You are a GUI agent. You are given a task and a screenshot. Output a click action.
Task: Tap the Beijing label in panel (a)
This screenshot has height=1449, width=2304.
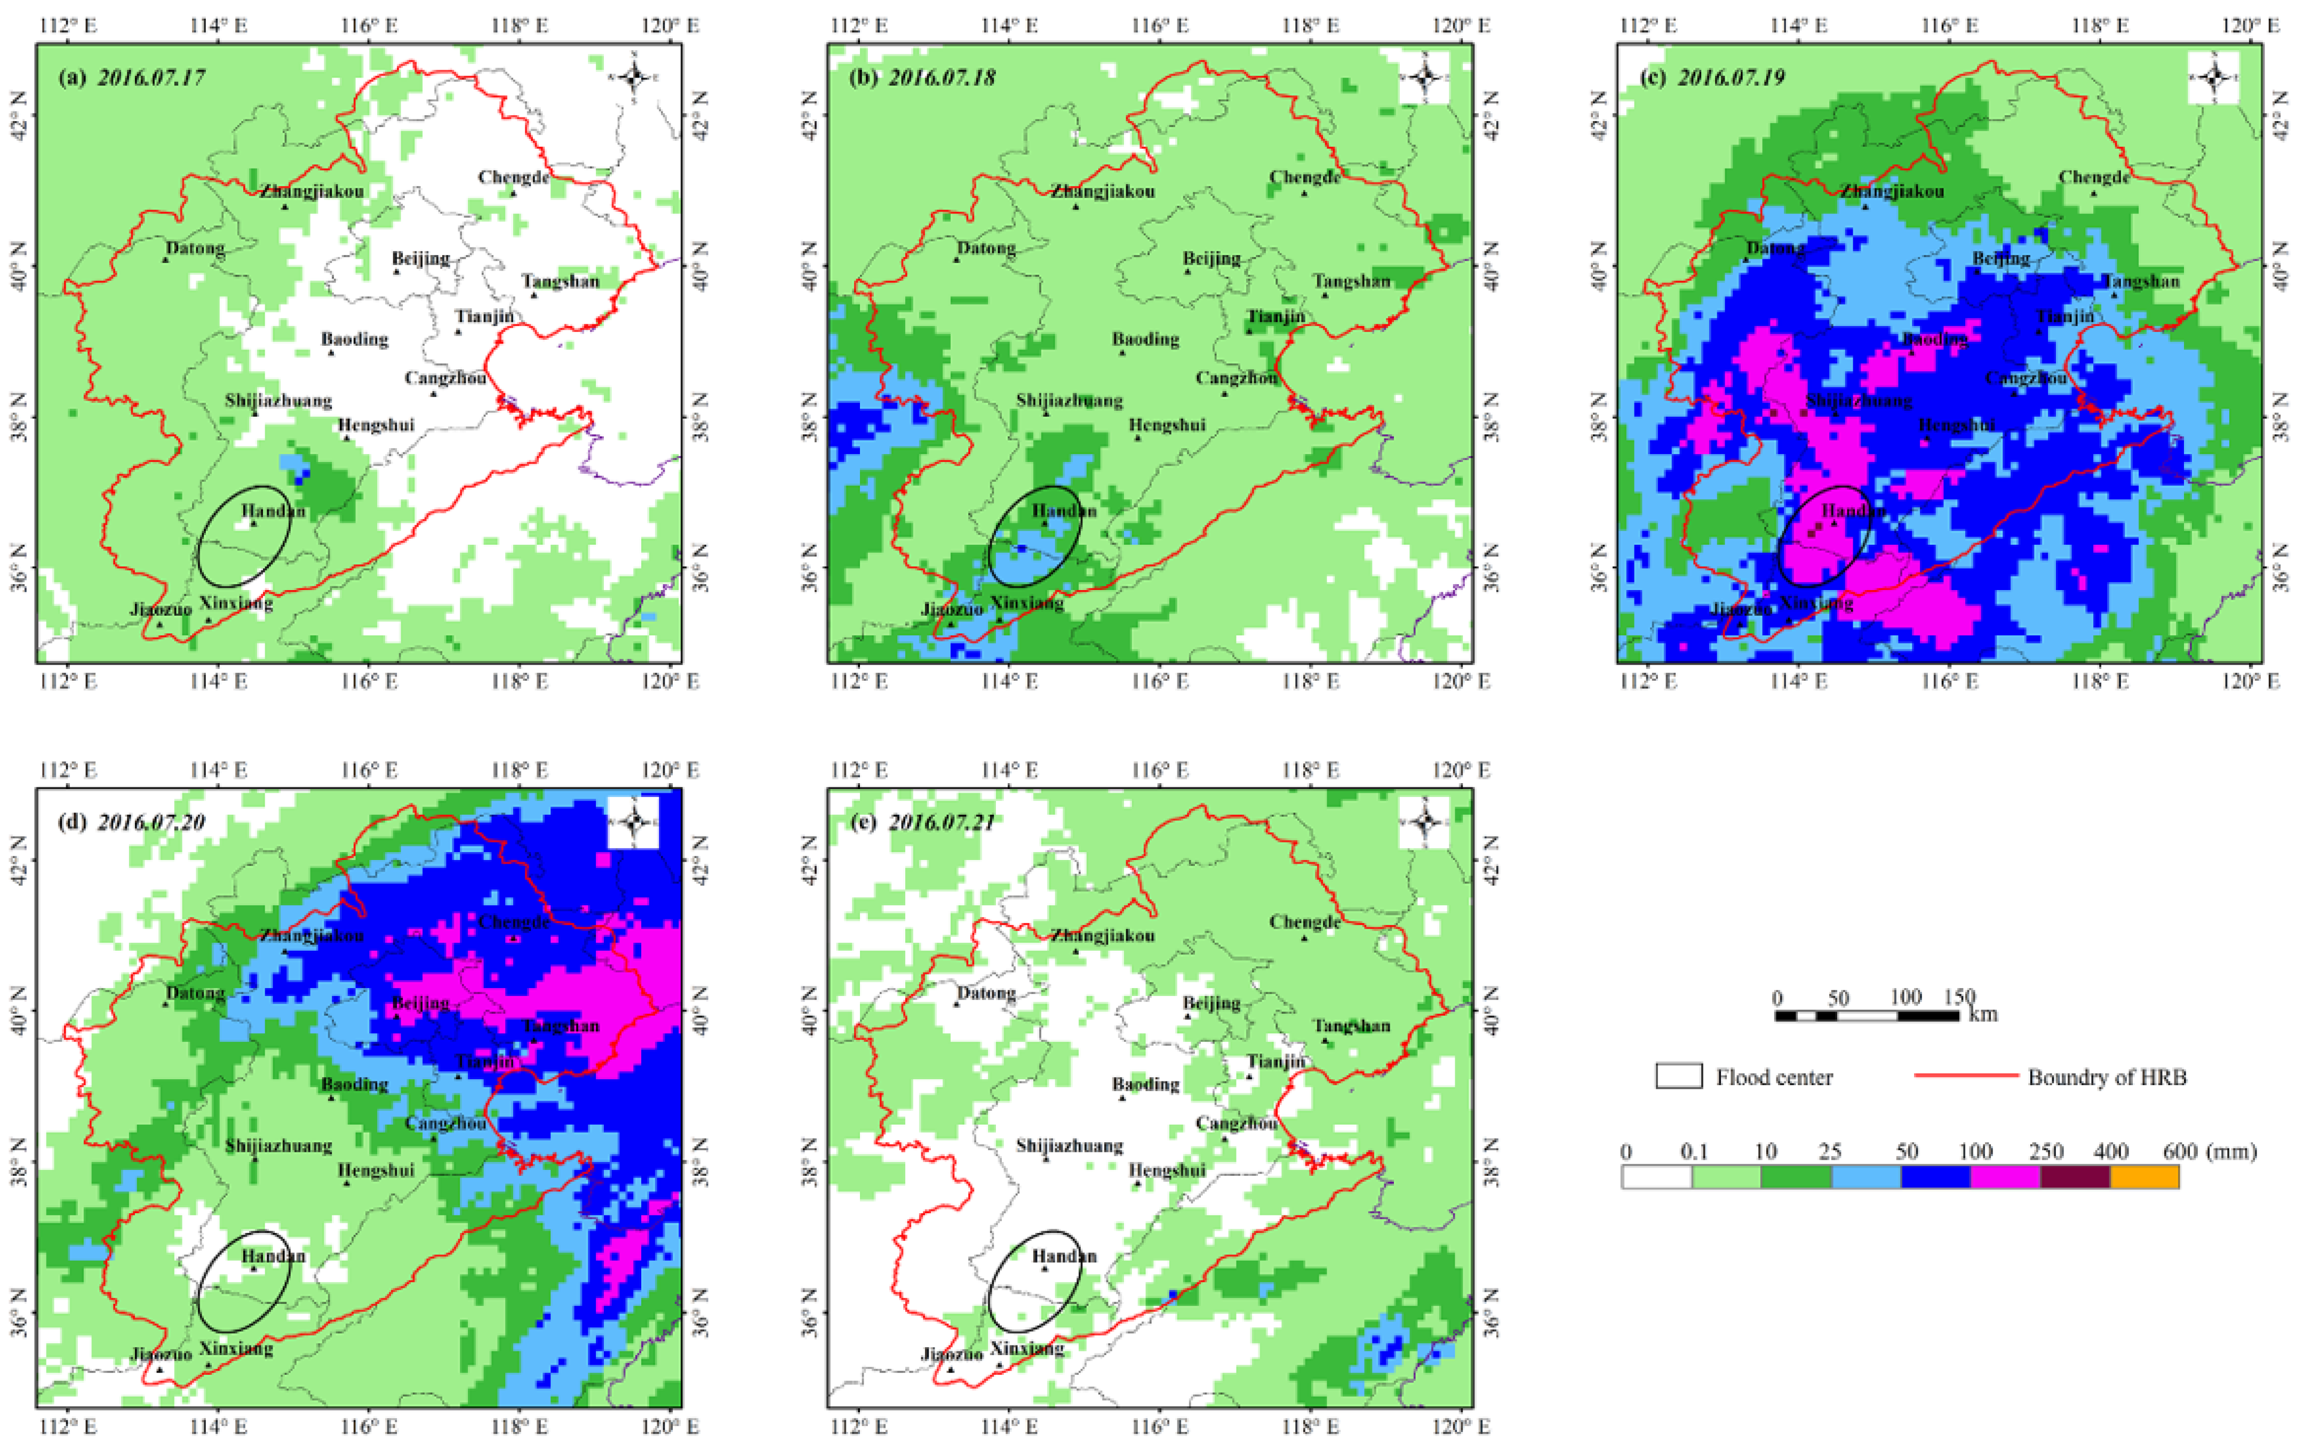[x=421, y=258]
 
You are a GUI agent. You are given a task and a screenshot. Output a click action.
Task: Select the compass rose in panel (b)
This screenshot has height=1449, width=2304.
[x=1425, y=77]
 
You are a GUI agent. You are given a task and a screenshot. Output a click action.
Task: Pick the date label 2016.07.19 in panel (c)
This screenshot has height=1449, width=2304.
[x=1732, y=77]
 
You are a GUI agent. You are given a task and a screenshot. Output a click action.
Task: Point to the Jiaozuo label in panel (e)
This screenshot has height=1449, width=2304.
[x=952, y=1354]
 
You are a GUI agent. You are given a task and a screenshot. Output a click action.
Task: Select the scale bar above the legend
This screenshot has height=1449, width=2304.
[x=1866, y=1015]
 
